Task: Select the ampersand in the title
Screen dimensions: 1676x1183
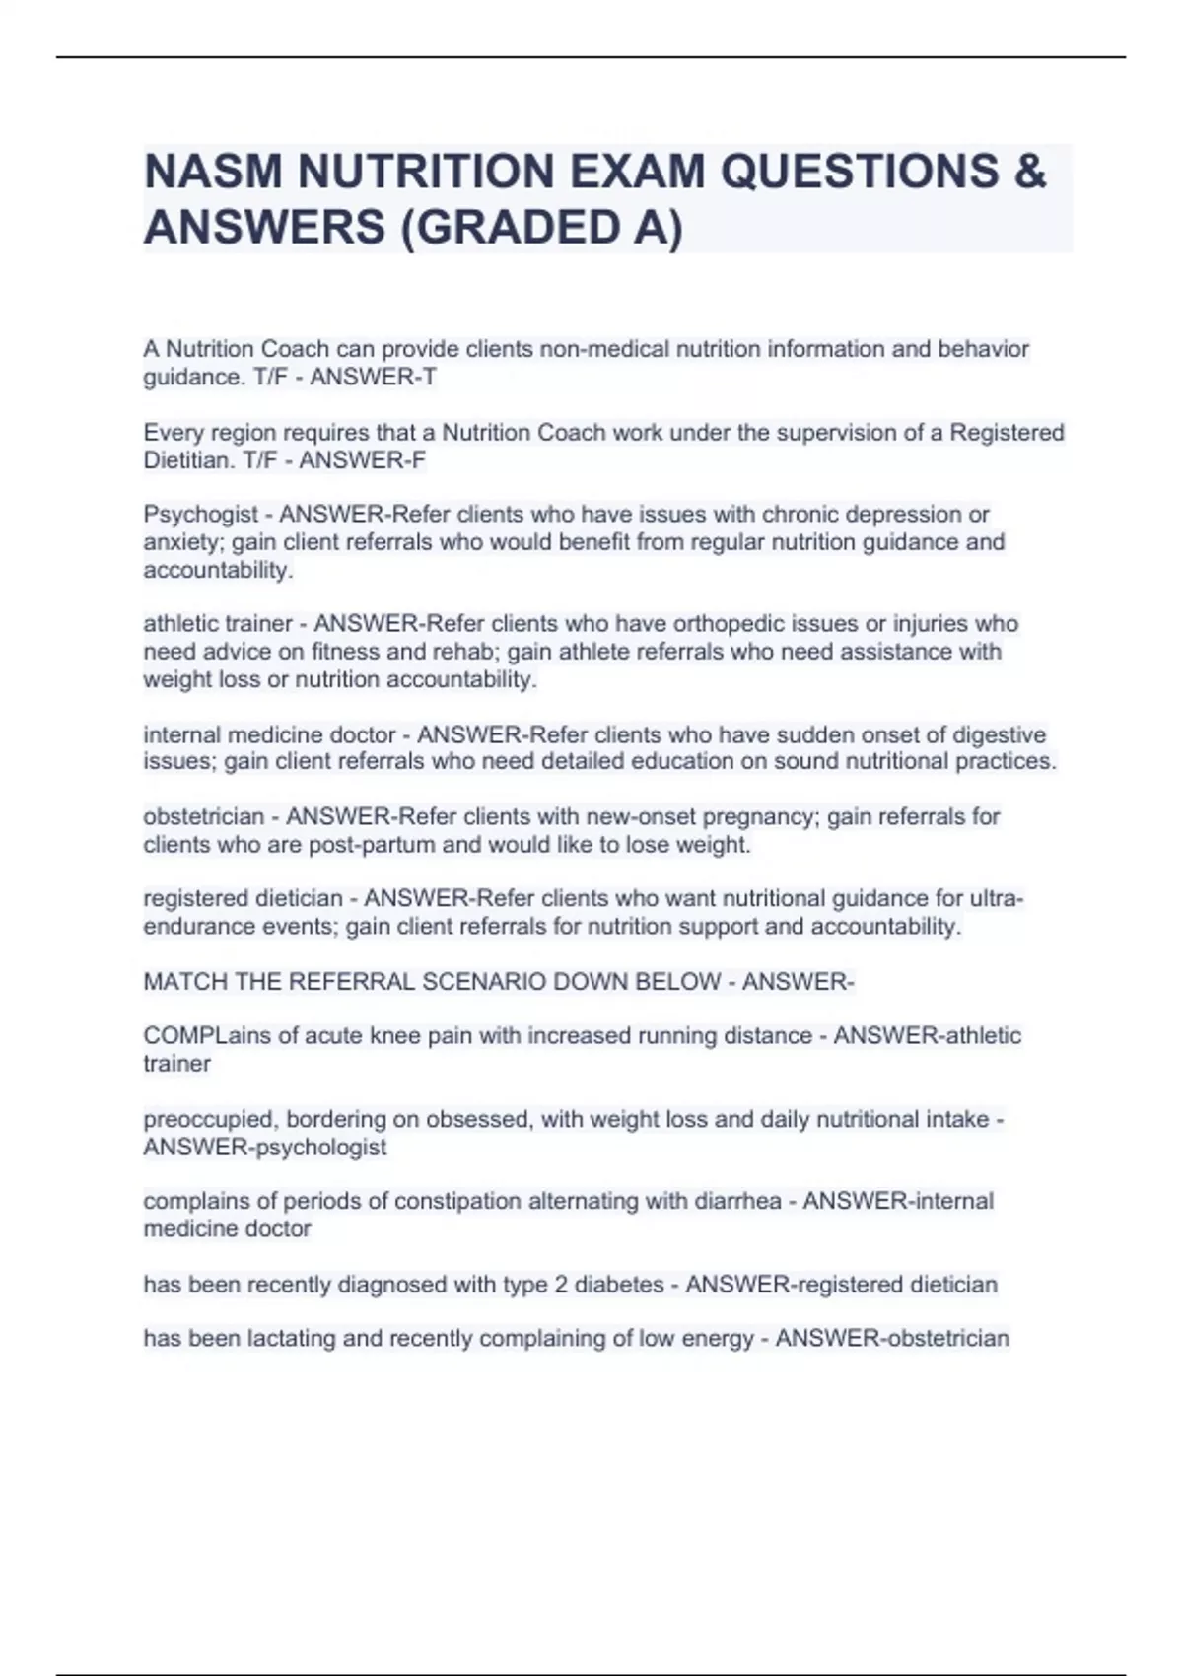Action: tap(1028, 172)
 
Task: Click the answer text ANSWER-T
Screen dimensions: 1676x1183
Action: tap(373, 378)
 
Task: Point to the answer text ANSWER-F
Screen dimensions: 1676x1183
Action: tap(362, 460)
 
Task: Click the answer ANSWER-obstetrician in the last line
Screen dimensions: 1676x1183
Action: tap(892, 1339)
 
